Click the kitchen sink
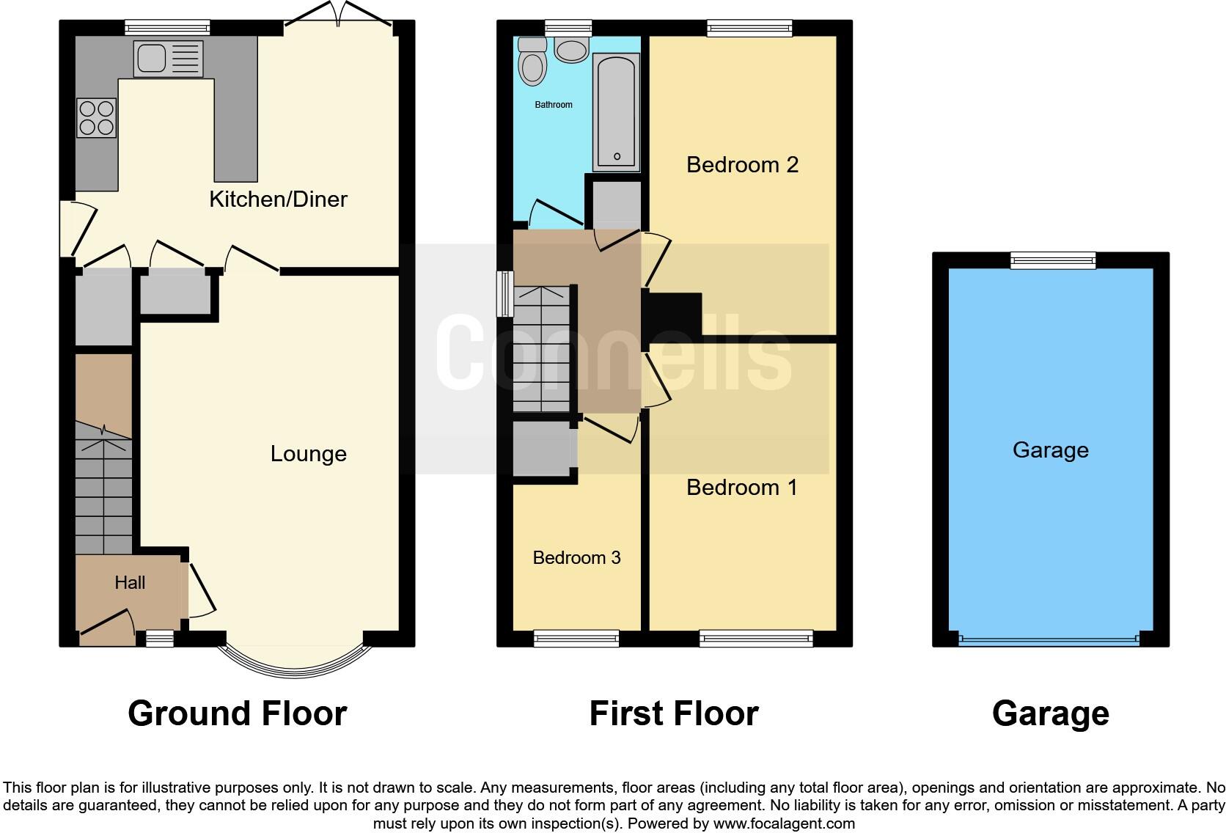(x=168, y=59)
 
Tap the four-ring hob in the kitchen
(x=96, y=118)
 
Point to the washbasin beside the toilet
(x=571, y=50)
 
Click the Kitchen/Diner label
(x=278, y=199)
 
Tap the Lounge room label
(x=308, y=454)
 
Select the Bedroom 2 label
(x=742, y=165)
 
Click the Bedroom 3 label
(x=576, y=558)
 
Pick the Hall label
(x=130, y=583)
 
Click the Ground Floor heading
(x=237, y=713)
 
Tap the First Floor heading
(x=673, y=713)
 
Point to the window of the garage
(x=1052, y=260)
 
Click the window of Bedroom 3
(x=576, y=639)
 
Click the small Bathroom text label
(x=553, y=105)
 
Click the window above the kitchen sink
(x=167, y=28)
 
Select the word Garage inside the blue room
(x=1050, y=450)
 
